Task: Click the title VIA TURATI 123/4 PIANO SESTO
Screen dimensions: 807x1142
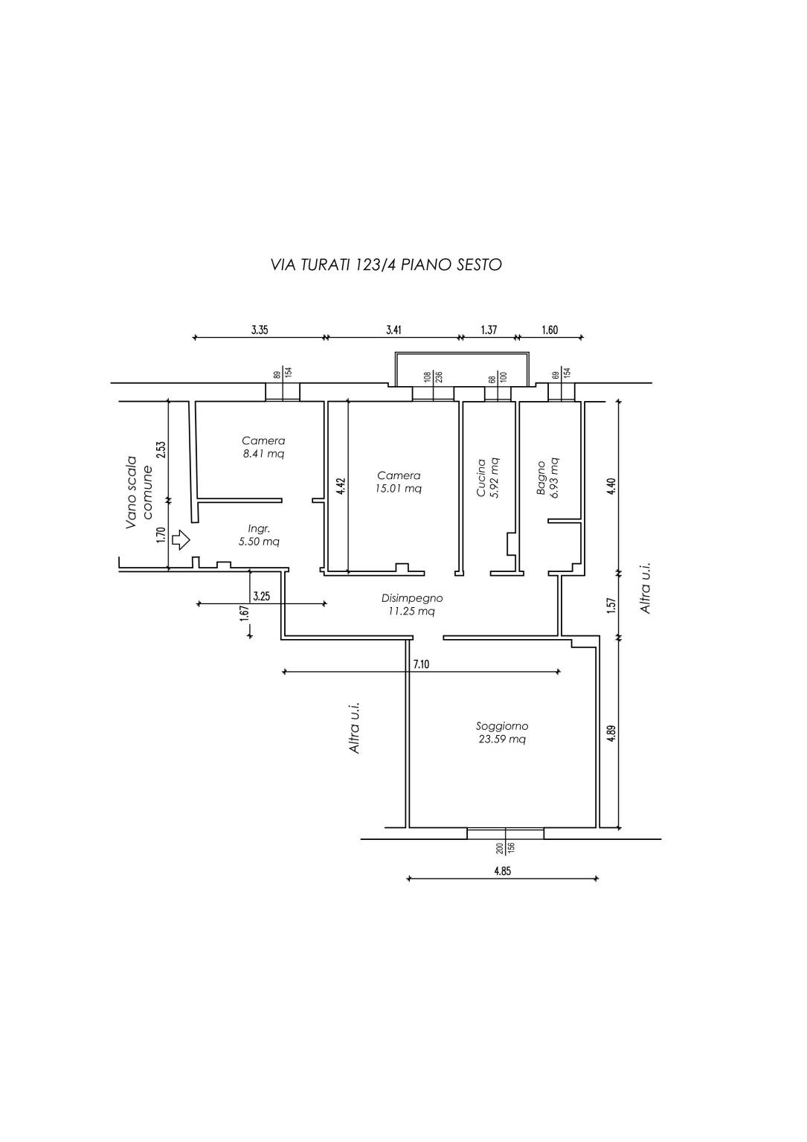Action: [387, 265]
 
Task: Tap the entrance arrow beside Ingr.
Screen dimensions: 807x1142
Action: [181, 540]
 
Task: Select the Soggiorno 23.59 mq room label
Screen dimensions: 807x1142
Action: [502, 732]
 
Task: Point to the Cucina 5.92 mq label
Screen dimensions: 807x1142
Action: [487, 478]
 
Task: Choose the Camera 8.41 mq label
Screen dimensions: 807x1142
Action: [263, 447]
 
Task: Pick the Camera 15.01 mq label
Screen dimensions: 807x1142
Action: [399, 482]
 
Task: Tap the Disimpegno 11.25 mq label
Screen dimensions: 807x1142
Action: [412, 605]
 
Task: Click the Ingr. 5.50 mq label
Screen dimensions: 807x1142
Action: [259, 536]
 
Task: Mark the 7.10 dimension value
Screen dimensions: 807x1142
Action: [421, 664]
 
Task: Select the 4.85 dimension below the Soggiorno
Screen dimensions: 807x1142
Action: [502, 870]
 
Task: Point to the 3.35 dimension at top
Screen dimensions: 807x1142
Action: [260, 330]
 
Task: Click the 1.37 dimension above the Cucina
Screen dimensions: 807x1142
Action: [489, 330]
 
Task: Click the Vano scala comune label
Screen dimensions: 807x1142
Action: [139, 492]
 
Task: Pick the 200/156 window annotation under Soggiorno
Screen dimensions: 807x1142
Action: [505, 848]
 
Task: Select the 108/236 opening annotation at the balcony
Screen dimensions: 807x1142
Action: [433, 377]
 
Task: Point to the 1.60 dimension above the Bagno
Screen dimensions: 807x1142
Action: [550, 330]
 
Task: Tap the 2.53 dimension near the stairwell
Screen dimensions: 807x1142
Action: [161, 449]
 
